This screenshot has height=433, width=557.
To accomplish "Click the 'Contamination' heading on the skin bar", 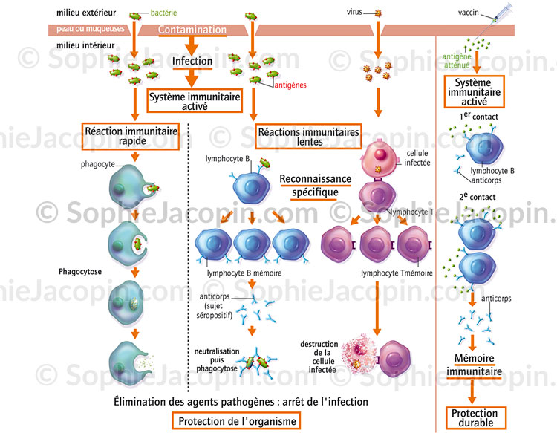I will tap(193, 30).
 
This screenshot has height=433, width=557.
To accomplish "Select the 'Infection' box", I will tap(192, 61).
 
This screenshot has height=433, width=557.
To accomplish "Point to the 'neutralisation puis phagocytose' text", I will tap(215, 358).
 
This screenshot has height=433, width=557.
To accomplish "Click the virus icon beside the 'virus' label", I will tap(377, 13).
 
